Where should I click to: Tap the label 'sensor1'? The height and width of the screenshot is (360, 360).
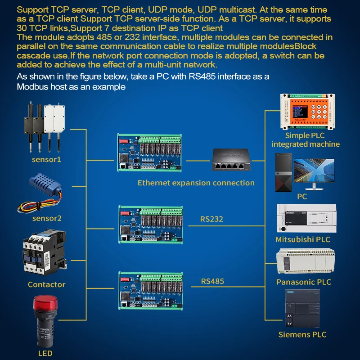[46, 159]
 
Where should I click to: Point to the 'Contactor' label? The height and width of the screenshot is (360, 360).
[46, 284]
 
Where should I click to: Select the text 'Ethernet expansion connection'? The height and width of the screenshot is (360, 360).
[196, 183]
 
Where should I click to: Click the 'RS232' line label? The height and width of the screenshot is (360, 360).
[211, 219]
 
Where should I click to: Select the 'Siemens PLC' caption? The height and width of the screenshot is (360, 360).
[302, 334]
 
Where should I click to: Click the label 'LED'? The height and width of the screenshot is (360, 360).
[45, 353]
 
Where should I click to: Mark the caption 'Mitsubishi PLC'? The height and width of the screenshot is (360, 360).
[303, 239]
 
